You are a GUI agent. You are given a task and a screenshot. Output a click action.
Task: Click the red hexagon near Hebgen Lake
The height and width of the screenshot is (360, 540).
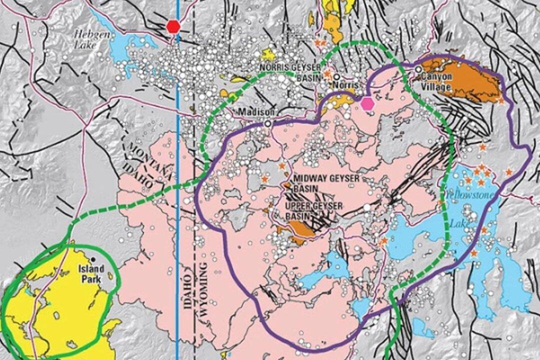click(x=173, y=26)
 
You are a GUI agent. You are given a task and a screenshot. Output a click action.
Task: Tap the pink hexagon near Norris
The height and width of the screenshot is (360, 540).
click(x=368, y=103)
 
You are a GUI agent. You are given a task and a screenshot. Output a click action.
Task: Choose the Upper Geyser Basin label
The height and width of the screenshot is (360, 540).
click(x=313, y=210)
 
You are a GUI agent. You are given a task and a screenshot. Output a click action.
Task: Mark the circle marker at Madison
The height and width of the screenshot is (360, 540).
click(x=268, y=123)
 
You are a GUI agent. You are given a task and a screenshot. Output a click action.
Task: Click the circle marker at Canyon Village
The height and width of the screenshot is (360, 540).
click(x=418, y=69)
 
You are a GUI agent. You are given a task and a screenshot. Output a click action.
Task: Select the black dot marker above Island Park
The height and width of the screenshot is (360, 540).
click(x=93, y=259)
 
